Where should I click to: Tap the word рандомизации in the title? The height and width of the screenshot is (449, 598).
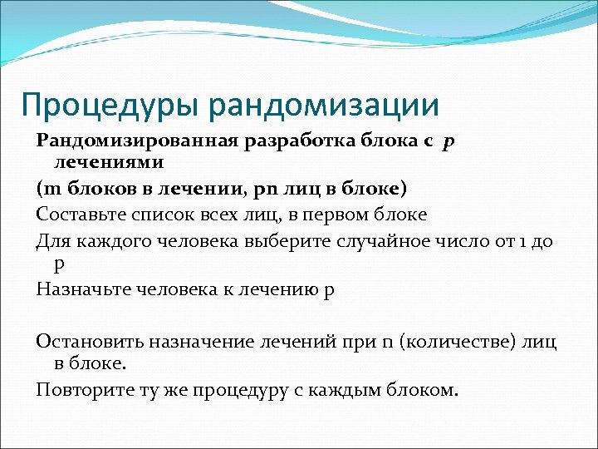click(x=324, y=105)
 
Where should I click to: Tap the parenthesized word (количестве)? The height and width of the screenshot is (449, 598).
click(x=457, y=341)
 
